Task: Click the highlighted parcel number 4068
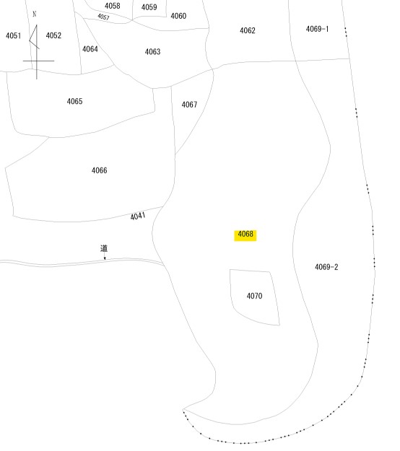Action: (245, 234)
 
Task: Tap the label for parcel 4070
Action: (254, 296)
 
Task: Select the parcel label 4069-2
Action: (326, 267)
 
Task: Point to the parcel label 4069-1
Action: (317, 29)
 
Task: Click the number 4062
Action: (248, 30)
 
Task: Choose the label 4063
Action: (152, 52)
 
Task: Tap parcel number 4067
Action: (189, 105)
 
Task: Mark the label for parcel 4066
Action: (100, 170)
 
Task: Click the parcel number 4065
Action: (74, 101)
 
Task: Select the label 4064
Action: (90, 49)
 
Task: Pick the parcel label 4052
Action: (53, 35)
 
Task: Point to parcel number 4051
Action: (13, 35)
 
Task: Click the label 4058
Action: (112, 6)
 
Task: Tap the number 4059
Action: (149, 7)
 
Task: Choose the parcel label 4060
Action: (178, 16)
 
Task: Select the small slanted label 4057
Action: (103, 17)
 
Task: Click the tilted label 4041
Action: (138, 216)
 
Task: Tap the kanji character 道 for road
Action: (104, 248)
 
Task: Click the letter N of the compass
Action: (35, 14)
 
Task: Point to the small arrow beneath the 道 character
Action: (105, 256)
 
